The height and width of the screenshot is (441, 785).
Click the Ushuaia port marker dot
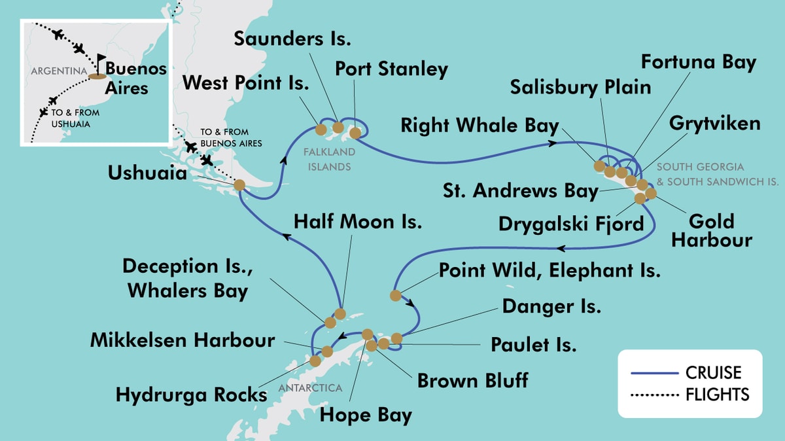[x=239, y=186]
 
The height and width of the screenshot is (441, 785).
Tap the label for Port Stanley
[x=391, y=69]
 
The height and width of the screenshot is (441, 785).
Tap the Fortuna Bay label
[x=699, y=62]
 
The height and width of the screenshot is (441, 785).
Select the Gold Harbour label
[x=711, y=230]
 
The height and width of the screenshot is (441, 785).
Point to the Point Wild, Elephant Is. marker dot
[x=395, y=296]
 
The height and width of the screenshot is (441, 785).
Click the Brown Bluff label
[x=472, y=380]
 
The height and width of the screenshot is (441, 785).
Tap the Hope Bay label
[x=366, y=415]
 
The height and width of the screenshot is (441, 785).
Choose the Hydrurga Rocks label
[x=192, y=395]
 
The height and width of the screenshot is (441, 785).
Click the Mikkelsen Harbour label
[x=183, y=340]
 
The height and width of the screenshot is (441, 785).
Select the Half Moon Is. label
[x=358, y=222]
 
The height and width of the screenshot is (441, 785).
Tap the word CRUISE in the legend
[x=713, y=372]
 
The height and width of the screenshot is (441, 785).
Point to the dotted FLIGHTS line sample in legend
[x=655, y=395]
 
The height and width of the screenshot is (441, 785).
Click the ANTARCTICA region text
[x=311, y=388]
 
